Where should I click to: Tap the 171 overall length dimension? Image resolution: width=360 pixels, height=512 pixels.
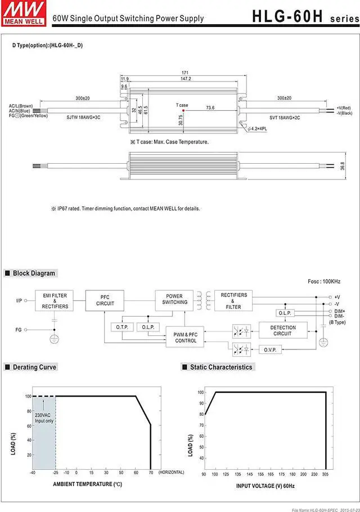tap(185, 73)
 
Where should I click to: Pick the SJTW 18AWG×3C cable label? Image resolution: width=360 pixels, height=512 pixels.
tap(83, 117)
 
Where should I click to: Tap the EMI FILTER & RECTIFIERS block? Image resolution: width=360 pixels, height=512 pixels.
tap(55, 300)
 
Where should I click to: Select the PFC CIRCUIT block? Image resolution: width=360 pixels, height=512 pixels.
tap(105, 300)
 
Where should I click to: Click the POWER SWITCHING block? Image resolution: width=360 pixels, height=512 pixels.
tap(174, 299)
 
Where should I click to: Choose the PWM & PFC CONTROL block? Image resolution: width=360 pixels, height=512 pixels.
tap(186, 337)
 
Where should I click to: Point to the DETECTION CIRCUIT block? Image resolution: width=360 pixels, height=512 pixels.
tap(282, 330)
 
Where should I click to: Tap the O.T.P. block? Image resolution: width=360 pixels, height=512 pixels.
tap(122, 327)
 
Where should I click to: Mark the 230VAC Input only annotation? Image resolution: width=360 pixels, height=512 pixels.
tap(44, 417)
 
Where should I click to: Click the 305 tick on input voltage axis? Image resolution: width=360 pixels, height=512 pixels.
tap(326, 474)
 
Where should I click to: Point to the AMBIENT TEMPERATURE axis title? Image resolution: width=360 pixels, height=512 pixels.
tap(87, 484)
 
